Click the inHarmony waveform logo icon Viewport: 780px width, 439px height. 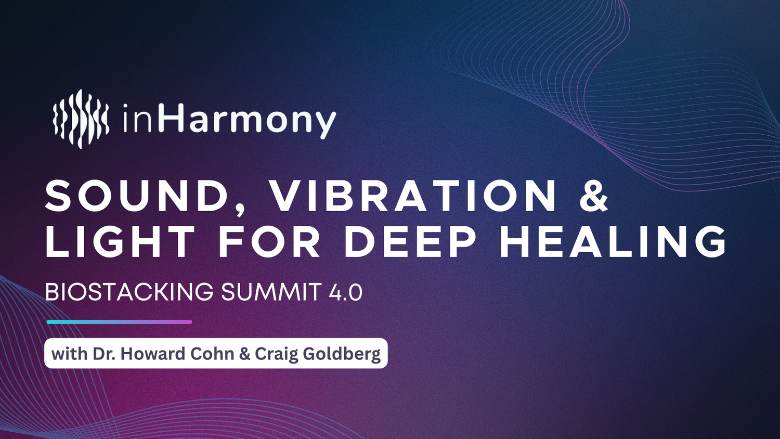click(81, 119)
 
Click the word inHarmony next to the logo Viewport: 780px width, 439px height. click(230, 121)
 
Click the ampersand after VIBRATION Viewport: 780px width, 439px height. click(594, 197)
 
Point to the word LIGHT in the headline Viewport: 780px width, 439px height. click(120, 241)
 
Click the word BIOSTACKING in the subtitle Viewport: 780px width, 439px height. click(129, 292)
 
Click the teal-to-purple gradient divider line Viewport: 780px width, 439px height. click(120, 322)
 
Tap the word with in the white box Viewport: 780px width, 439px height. click(69, 354)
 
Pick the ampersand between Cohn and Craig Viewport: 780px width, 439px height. click(245, 354)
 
